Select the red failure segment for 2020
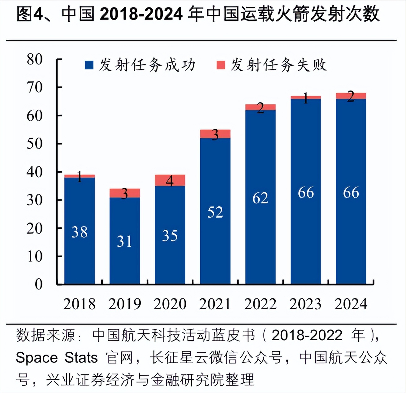[x=170, y=180]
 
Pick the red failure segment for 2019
[x=125, y=193]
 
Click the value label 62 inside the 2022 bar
[x=260, y=198]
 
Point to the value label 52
[x=215, y=212]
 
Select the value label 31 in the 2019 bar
[x=124, y=241]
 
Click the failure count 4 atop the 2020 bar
[x=170, y=181]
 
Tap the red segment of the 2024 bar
[x=351, y=96]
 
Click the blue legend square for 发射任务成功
[x=89, y=65]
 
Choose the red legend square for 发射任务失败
[x=221, y=65]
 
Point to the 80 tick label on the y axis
[x=34, y=59]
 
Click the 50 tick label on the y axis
[x=34, y=144]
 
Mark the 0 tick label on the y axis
[x=39, y=284]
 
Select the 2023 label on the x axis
[x=305, y=304]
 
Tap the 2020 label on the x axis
[x=170, y=304]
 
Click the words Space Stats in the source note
[x=57, y=358]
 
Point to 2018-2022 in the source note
[x=307, y=335]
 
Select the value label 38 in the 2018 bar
[x=80, y=232]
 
